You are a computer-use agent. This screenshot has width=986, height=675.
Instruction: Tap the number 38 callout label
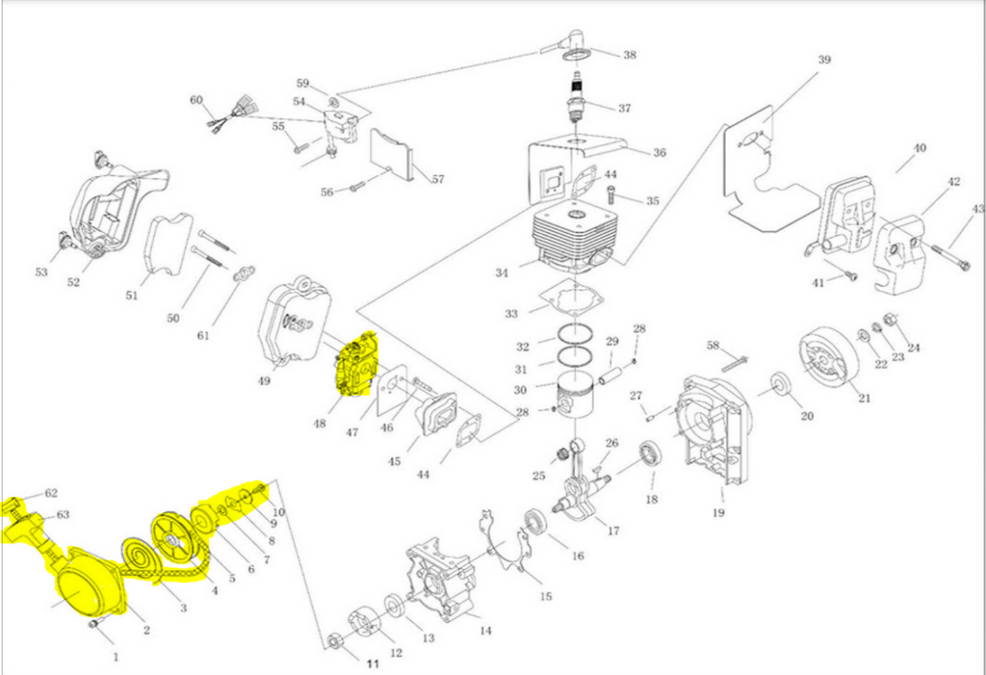pos(630,55)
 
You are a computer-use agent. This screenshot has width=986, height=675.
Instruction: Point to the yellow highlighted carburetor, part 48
pos(356,364)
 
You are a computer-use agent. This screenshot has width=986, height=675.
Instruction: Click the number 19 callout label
pos(718,513)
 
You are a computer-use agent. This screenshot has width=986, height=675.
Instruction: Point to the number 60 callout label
pos(196,100)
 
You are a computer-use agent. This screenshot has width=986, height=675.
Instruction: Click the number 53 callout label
pos(41,273)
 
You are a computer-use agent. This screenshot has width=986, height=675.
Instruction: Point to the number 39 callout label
pos(824,60)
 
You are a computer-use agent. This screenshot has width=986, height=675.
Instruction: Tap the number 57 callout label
pos(438,179)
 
